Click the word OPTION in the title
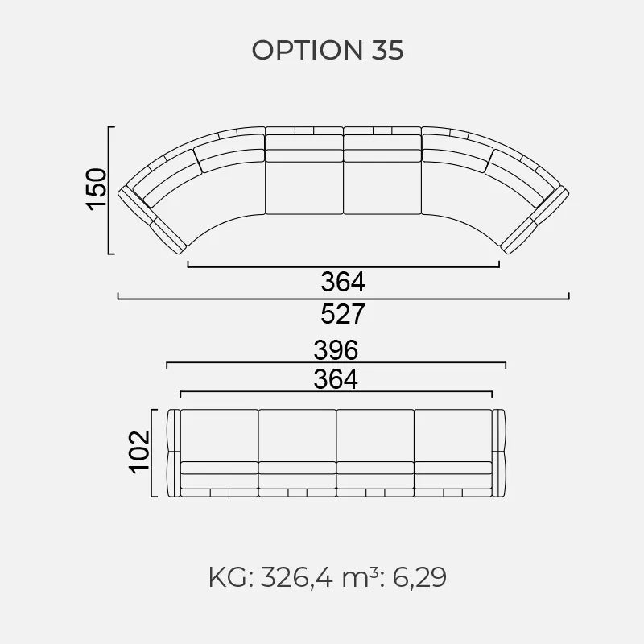pyautogui.click(x=308, y=50)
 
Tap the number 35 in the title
pyautogui.click(x=388, y=50)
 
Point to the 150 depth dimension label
pyautogui.click(x=96, y=189)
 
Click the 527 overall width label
pyautogui.click(x=343, y=314)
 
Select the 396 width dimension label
pyautogui.click(x=336, y=350)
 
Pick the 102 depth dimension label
pyautogui.click(x=139, y=452)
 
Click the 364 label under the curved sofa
pyautogui.click(x=343, y=282)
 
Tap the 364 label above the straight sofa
pyautogui.click(x=336, y=379)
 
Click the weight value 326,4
pyautogui.click(x=296, y=577)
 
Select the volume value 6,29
pyautogui.click(x=419, y=577)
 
